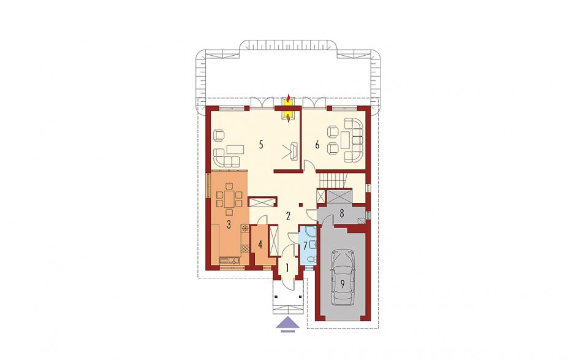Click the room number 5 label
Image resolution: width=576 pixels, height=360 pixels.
[261, 145]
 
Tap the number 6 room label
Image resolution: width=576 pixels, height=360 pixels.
[317, 145]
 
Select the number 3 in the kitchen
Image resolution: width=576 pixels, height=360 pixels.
[229, 224]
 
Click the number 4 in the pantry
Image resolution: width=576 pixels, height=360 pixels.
[260, 245]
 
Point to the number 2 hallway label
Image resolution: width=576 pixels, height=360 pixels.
[289, 216]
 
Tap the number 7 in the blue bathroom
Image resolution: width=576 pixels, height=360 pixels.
[305, 245]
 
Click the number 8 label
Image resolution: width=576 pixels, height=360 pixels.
[342, 213]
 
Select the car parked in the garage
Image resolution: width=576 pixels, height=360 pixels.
[343, 278]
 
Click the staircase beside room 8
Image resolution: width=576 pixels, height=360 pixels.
[332, 180]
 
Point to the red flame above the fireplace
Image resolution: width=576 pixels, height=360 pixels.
[289, 98]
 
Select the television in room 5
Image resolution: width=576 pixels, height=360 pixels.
[294, 151]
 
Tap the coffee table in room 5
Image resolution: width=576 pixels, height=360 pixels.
[235, 150]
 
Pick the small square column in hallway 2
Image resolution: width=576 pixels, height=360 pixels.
[301, 205]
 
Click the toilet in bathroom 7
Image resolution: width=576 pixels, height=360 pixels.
[311, 260]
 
